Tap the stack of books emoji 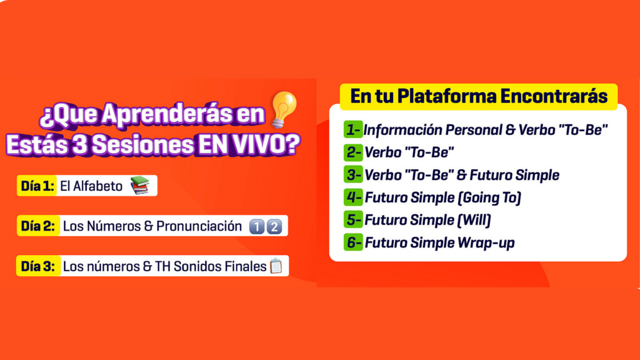[140, 185]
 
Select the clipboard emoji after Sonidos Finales [276, 267]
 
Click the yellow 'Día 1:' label [37, 186]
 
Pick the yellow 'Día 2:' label [38, 226]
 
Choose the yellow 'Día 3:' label [38, 266]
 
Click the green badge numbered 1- [353, 130]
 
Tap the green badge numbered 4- [353, 197]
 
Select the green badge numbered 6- [353, 242]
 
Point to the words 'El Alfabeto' [91, 186]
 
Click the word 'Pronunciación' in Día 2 [199, 226]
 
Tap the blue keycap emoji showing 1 [257, 226]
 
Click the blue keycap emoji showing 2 [274, 226]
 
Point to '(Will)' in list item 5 [474, 220]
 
